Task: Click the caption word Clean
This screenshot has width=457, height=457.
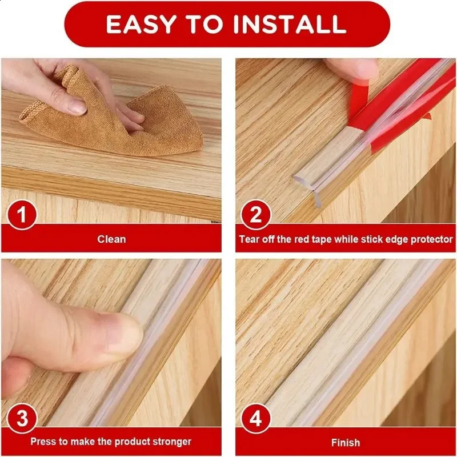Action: (x=111, y=239)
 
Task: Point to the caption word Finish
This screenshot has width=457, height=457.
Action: (x=345, y=442)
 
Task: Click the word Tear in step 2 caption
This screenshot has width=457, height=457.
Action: (x=249, y=239)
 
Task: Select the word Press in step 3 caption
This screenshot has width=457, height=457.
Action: (x=42, y=442)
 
